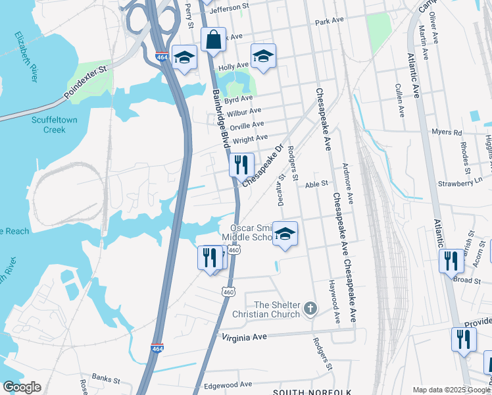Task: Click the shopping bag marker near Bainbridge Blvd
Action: tap(213, 40)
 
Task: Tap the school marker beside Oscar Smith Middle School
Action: tap(285, 234)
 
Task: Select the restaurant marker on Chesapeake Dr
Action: tap(241, 164)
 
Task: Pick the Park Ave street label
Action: tap(330, 21)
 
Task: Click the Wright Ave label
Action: tap(250, 138)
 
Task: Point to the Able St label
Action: tap(316, 185)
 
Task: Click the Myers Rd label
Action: tap(447, 132)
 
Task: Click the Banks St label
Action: tap(106, 379)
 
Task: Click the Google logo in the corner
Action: tap(22, 387)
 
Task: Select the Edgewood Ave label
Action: tap(228, 384)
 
